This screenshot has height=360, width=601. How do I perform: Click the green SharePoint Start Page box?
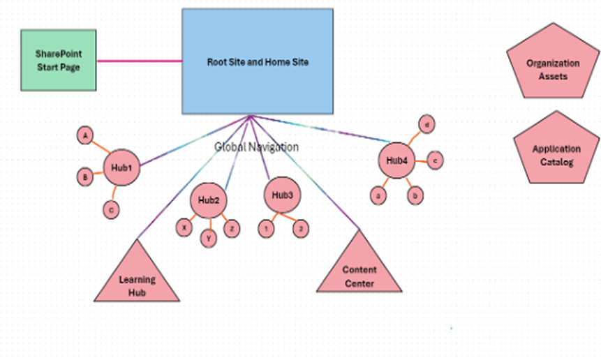click(x=58, y=60)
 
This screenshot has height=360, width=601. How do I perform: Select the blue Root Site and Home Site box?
click(x=258, y=61)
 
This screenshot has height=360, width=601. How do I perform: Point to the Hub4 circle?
click(x=396, y=160)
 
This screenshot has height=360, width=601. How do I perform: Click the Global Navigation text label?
click(x=256, y=147)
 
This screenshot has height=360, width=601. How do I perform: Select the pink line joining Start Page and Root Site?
click(x=139, y=61)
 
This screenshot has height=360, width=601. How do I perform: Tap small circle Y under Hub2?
click(x=209, y=238)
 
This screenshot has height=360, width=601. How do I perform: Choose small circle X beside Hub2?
click(x=184, y=227)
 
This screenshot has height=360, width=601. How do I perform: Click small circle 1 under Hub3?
click(x=265, y=228)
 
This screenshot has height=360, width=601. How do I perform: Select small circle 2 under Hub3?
click(x=300, y=228)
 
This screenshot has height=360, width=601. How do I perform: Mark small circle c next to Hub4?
click(x=435, y=160)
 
